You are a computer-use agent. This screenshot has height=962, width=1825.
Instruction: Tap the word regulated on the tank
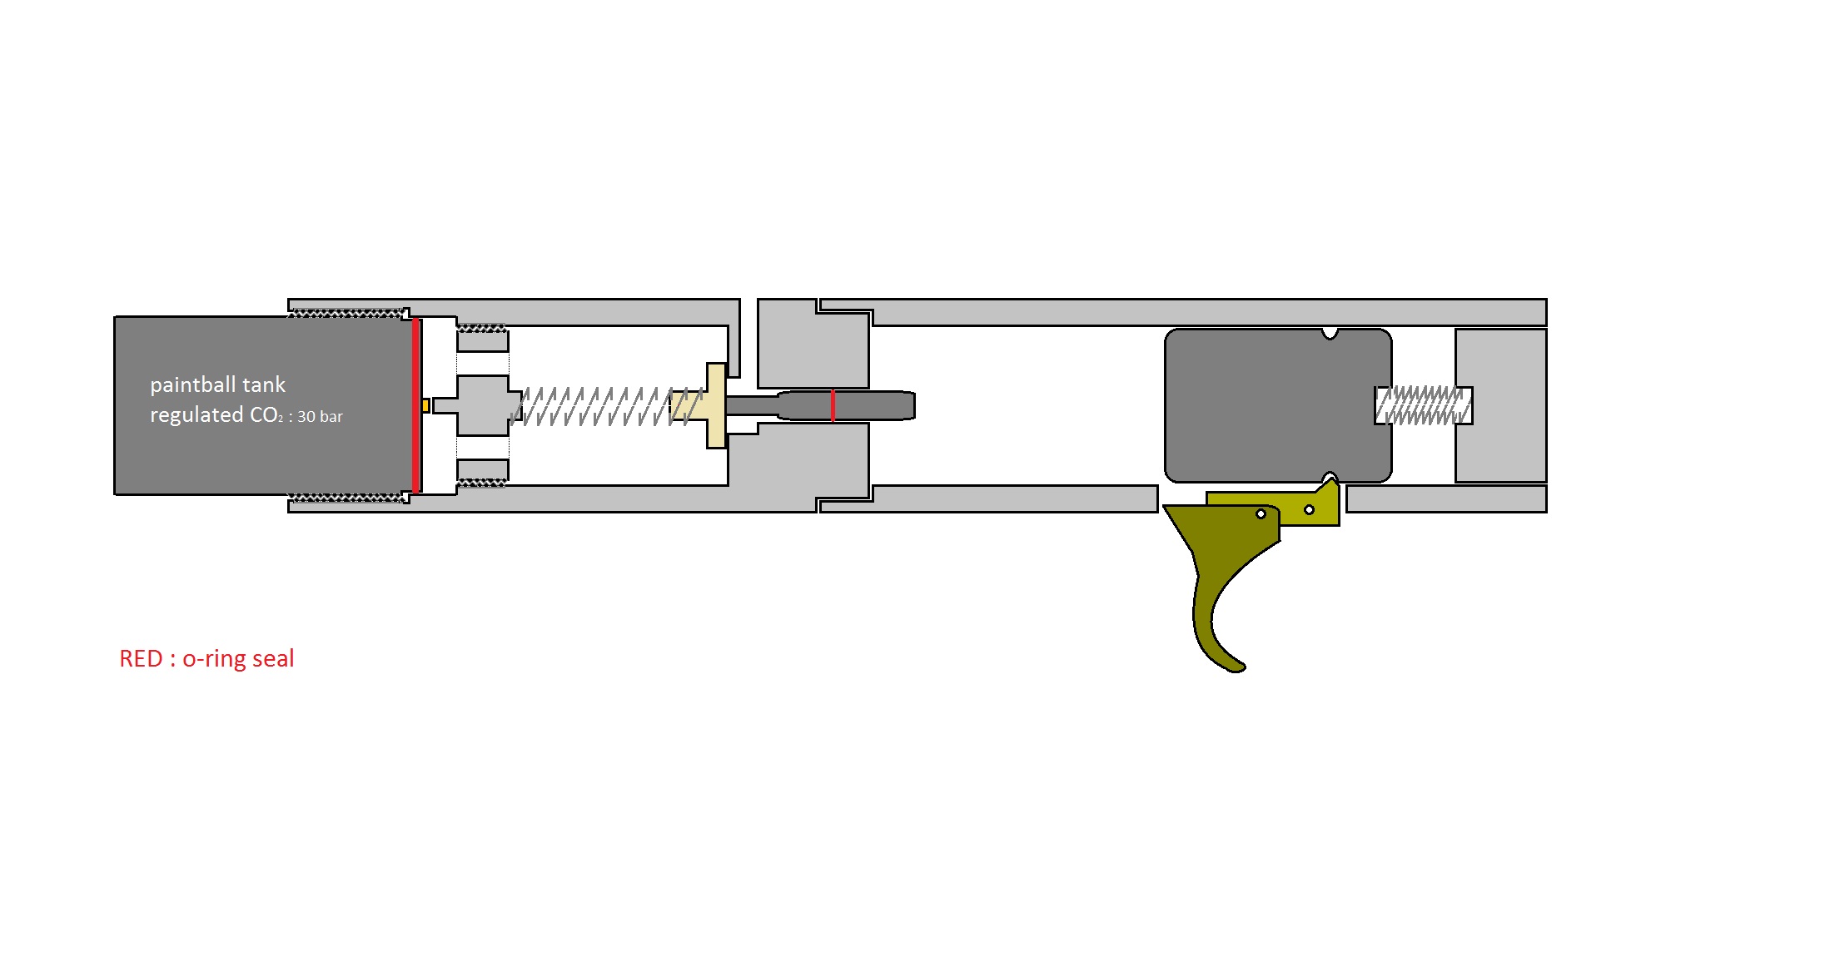196,414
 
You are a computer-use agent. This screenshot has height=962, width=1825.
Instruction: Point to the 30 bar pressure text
320,416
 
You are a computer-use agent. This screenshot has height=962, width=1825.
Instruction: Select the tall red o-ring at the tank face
415,405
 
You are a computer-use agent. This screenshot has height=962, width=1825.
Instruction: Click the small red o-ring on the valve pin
833,405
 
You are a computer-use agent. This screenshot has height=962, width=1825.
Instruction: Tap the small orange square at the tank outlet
425,405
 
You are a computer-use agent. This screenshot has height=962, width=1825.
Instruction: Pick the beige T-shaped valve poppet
714,405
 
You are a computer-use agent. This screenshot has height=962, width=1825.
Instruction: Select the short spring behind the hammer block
1421,405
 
